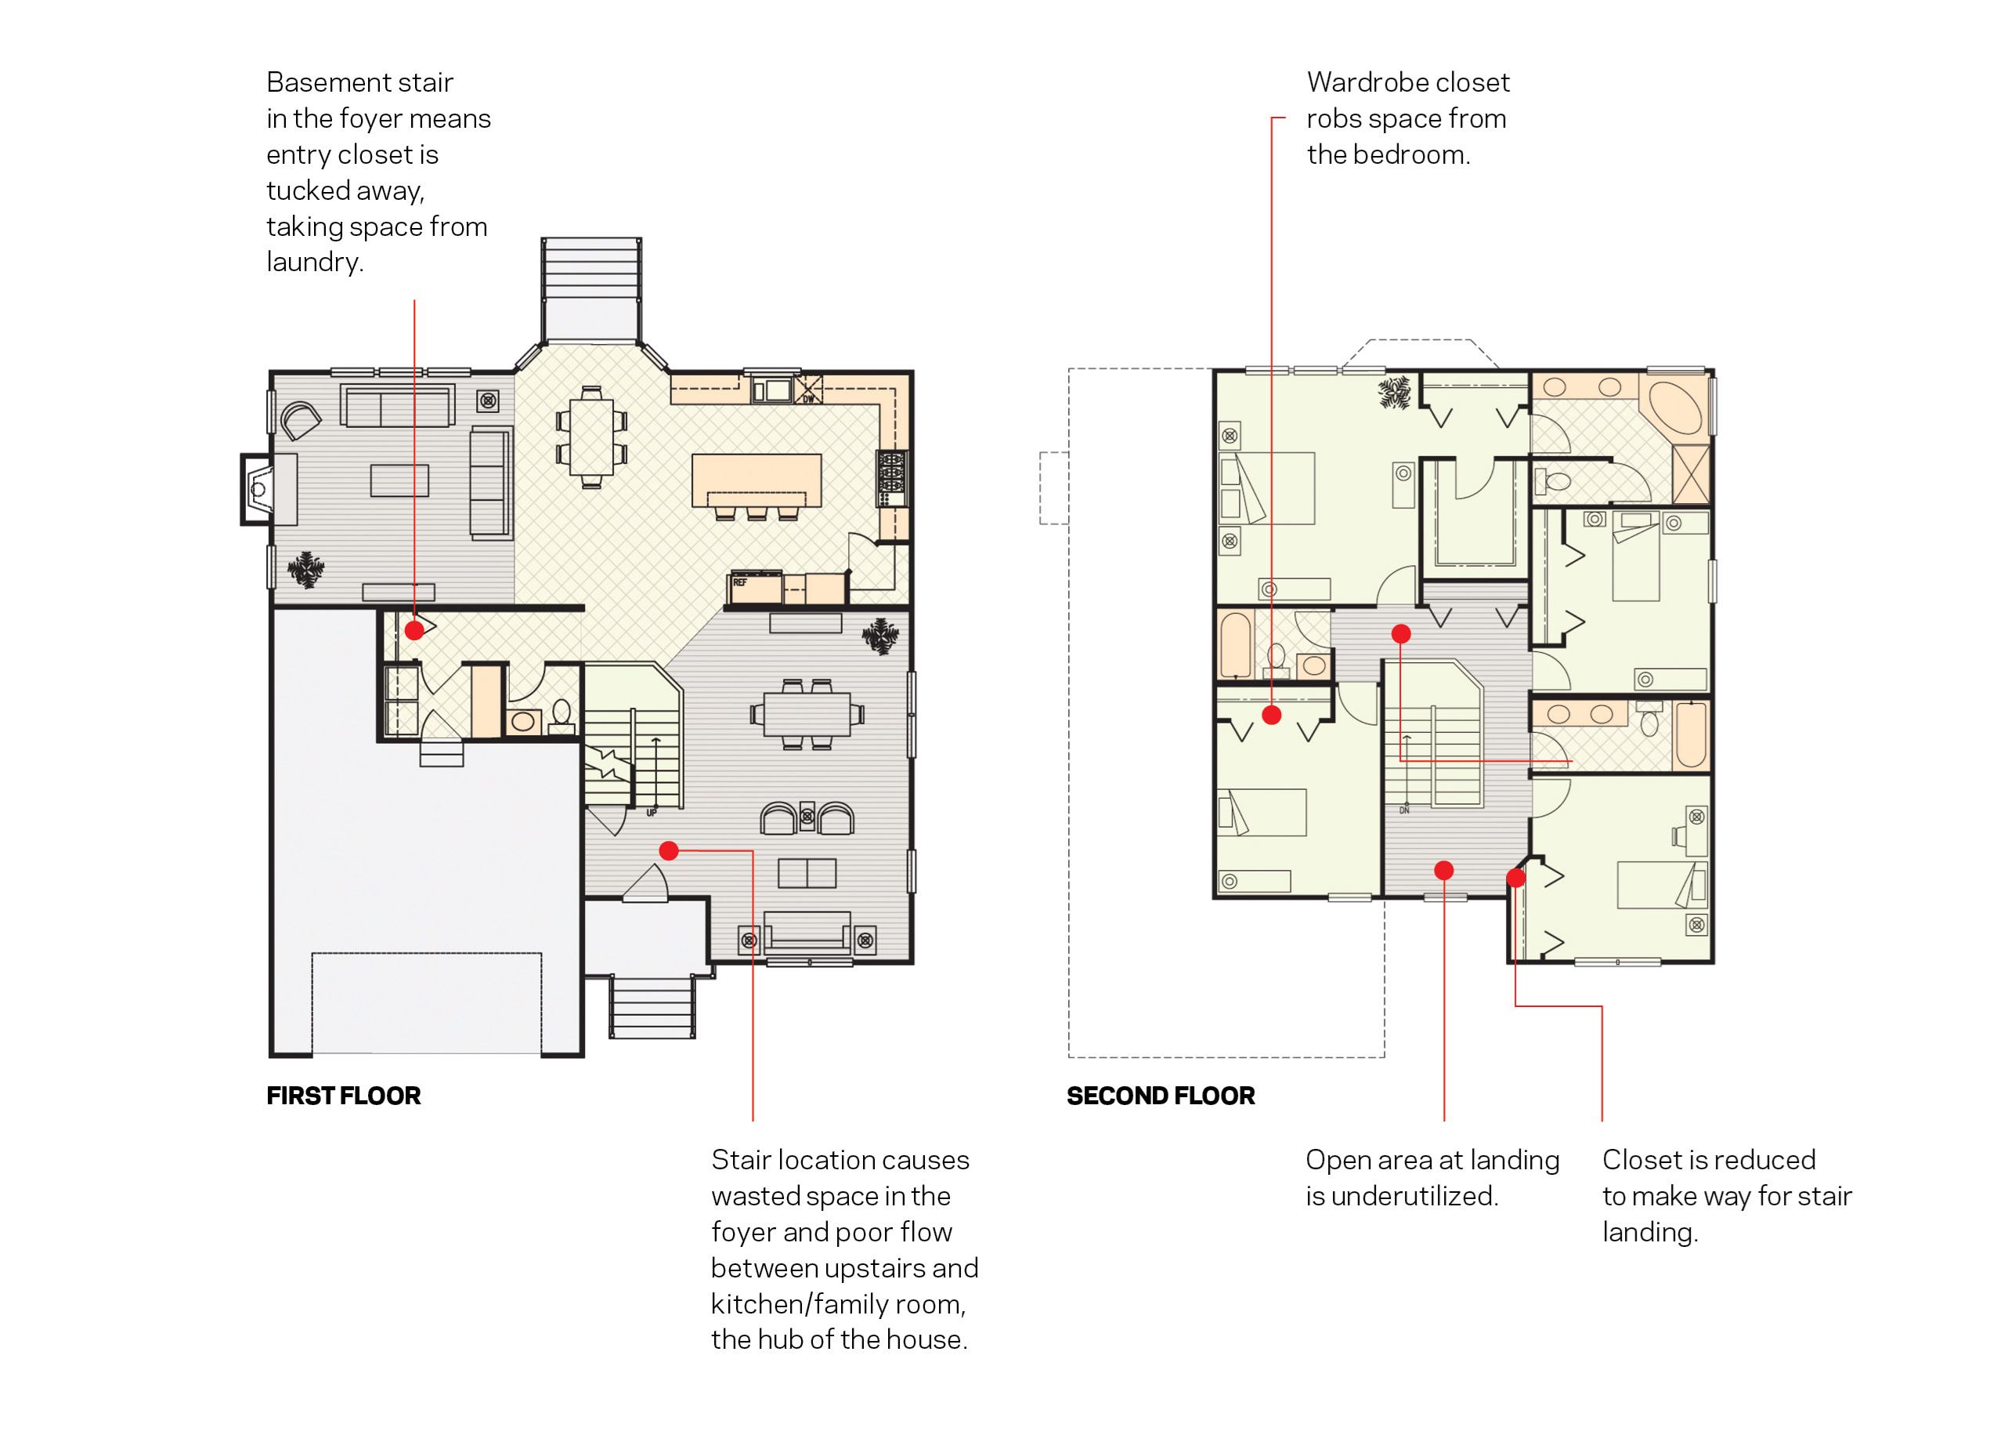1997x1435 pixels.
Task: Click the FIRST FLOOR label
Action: pos(343,1096)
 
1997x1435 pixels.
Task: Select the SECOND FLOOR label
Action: pos(1161,1096)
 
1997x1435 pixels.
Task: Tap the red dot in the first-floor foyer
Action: pos(668,850)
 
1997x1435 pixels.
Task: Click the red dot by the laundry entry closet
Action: pos(413,630)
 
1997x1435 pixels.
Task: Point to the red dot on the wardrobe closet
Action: pos(1272,715)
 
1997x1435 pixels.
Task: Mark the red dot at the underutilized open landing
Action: pos(1444,871)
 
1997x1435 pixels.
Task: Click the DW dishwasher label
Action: pos(808,399)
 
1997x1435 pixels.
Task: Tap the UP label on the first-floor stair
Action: pos(652,812)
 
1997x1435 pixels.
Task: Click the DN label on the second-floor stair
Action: pos(1404,810)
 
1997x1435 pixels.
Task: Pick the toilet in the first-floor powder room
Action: pos(561,716)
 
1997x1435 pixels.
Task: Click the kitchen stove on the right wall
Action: pos(891,478)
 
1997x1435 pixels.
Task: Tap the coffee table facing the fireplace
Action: pos(399,480)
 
